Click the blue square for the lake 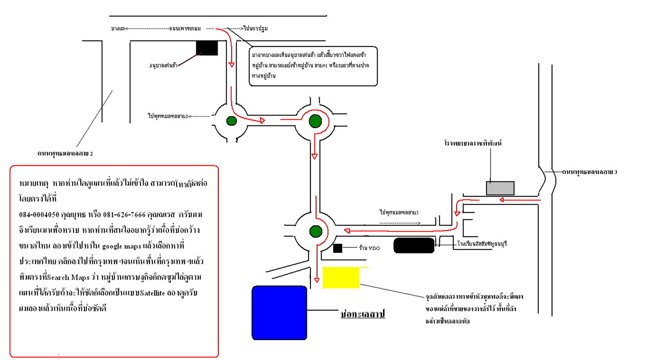(x=279, y=313)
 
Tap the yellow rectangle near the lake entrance (x=341, y=278)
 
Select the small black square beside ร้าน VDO (x=337, y=248)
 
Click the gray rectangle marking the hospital (x=500, y=188)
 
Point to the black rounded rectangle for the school (x=414, y=245)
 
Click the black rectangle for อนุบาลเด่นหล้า (x=207, y=48)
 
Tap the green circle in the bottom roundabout (x=316, y=231)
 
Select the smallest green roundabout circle (x=231, y=121)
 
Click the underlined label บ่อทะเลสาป (x=363, y=314)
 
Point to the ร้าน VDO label (x=369, y=248)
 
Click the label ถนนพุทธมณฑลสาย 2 (x=65, y=153)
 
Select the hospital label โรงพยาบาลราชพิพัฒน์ (x=473, y=143)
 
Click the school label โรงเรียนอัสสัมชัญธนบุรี (x=482, y=243)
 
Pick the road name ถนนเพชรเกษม (x=185, y=29)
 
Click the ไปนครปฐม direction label (x=255, y=29)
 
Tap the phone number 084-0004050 (x=39, y=214)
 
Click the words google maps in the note (x=121, y=246)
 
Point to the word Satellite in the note (x=152, y=293)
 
